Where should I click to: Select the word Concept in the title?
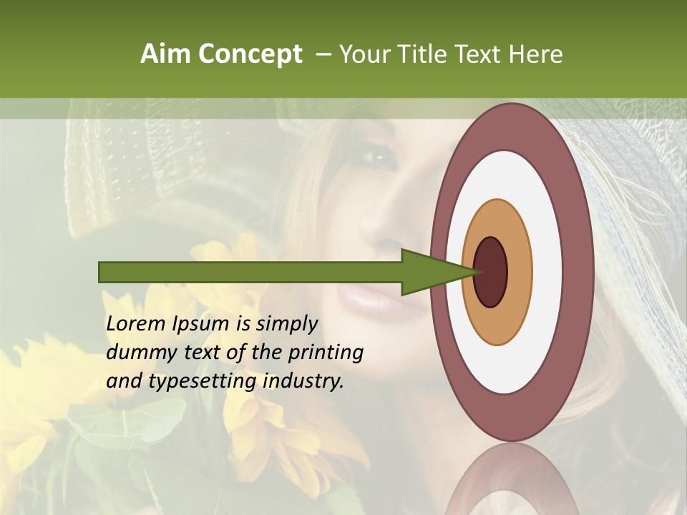250,55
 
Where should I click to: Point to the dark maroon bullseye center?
491,273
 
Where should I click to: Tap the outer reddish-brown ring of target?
578,273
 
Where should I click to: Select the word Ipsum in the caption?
202,325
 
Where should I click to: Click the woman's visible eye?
377,154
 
